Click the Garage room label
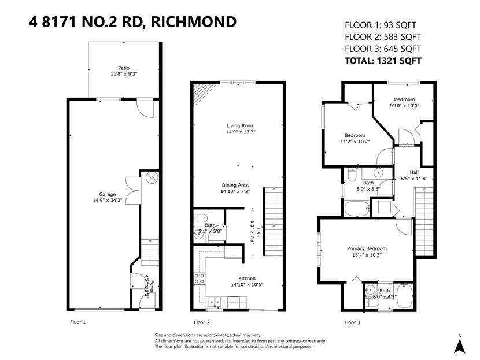tap(107, 194)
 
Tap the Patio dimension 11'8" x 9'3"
tap(124, 74)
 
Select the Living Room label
tap(241, 126)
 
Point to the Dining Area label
tap(235, 185)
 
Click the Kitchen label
tap(247, 279)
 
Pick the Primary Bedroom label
tap(367, 248)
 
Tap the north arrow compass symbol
tap(460, 344)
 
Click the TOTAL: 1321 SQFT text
tap(383, 61)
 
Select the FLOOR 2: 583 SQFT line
tap(383, 37)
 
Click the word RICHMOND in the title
tap(194, 22)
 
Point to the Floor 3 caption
tap(352, 322)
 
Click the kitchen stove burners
tap(200, 279)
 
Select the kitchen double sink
tap(215, 302)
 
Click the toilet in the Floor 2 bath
tap(200, 218)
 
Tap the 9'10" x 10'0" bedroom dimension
tap(404, 106)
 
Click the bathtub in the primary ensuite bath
tap(404, 296)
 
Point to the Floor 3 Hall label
tap(414, 172)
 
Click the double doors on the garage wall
tap(132, 190)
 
